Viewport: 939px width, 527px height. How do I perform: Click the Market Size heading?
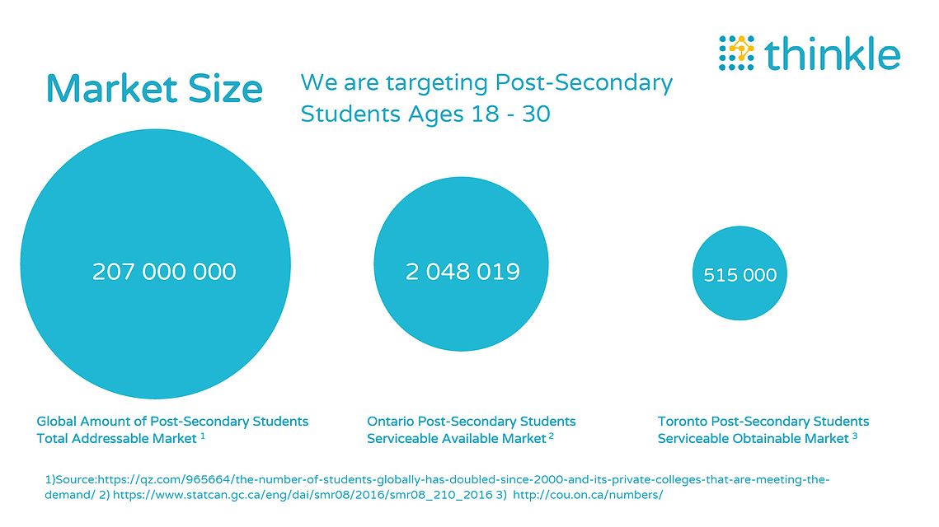[154, 89]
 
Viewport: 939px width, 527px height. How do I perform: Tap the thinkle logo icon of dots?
[736, 53]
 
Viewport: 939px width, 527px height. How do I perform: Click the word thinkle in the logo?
[833, 53]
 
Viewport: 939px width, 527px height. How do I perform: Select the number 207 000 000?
[164, 272]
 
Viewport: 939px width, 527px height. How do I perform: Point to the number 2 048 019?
[462, 272]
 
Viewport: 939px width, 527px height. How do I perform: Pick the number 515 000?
[739, 274]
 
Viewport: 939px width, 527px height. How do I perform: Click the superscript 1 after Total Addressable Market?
[203, 436]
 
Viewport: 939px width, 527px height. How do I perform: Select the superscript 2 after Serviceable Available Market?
[551, 436]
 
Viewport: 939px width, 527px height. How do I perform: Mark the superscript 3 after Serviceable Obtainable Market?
[855, 436]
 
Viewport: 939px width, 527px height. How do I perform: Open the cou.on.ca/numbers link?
[588, 495]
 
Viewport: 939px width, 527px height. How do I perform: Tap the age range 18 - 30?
[510, 114]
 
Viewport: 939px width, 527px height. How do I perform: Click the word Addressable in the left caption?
[112, 438]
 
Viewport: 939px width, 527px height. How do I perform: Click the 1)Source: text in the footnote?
[71, 479]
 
